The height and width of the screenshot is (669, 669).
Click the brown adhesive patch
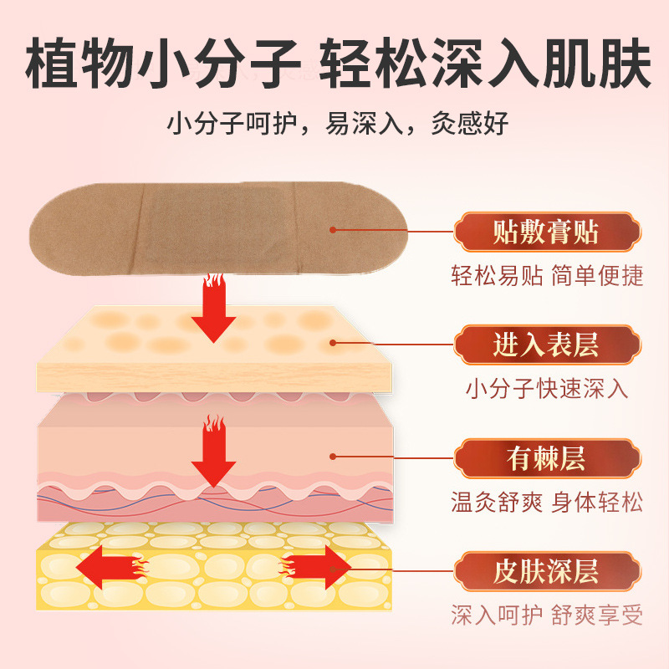(217, 228)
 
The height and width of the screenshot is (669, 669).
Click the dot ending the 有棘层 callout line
(332, 457)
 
